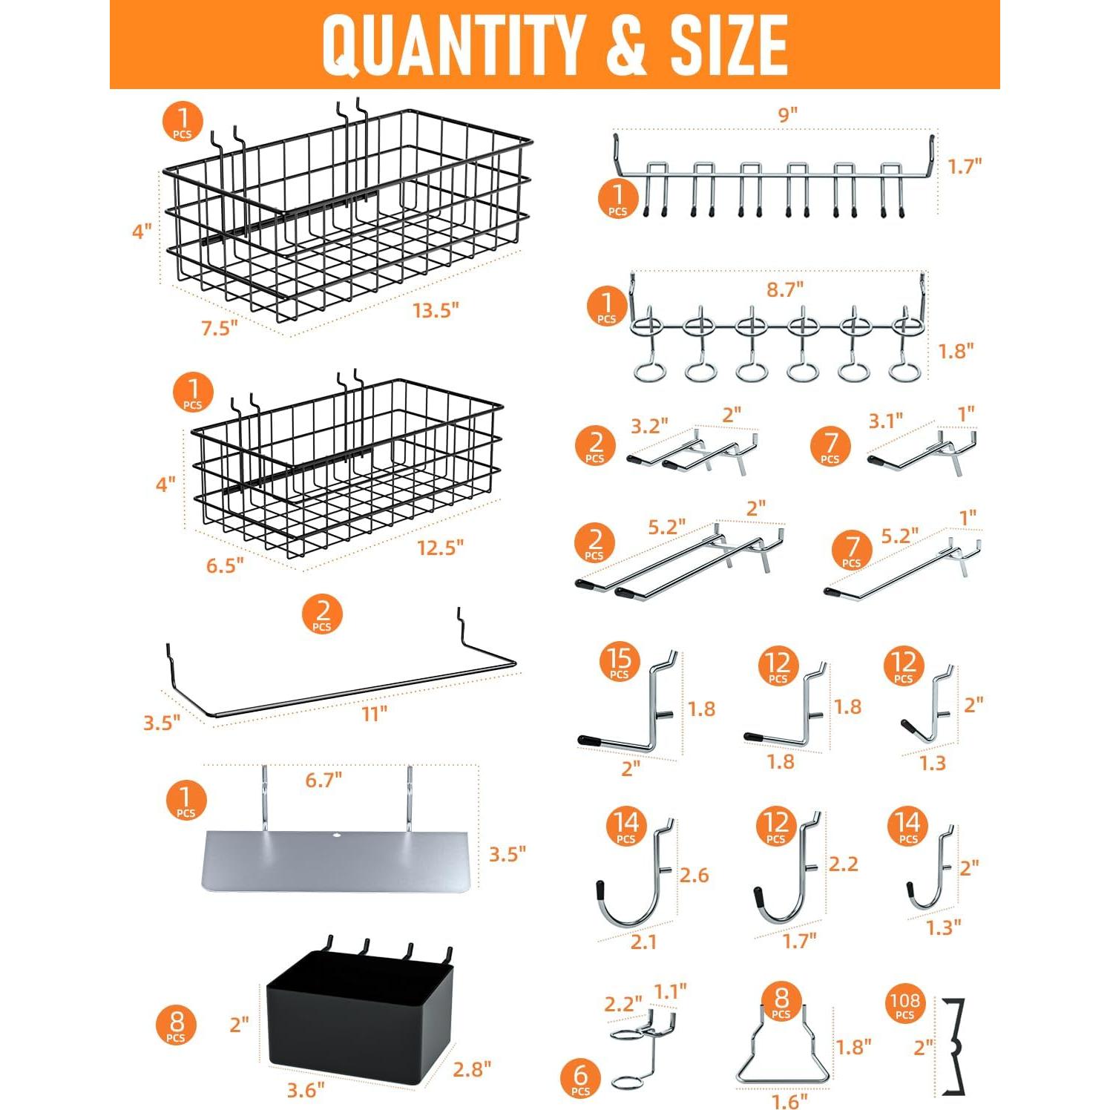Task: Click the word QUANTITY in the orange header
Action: [x=453, y=45]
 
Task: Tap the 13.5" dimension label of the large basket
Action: [x=436, y=309]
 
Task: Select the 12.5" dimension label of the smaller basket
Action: [x=440, y=548]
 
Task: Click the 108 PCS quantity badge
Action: [x=904, y=1006]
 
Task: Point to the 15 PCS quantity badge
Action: [x=619, y=662]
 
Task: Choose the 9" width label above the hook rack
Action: [x=787, y=115]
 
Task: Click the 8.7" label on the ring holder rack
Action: [x=785, y=289]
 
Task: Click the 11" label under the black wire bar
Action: [x=374, y=714]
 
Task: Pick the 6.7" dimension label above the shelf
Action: [x=324, y=780]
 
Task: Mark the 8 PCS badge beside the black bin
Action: [x=177, y=1026]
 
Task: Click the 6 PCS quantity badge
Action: [x=580, y=1079]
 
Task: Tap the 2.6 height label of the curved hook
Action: [x=694, y=876]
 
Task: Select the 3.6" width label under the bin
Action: [x=306, y=1090]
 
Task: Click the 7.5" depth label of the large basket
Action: [x=220, y=327]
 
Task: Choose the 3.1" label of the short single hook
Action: [x=885, y=421]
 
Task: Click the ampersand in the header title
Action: [x=625, y=45]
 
